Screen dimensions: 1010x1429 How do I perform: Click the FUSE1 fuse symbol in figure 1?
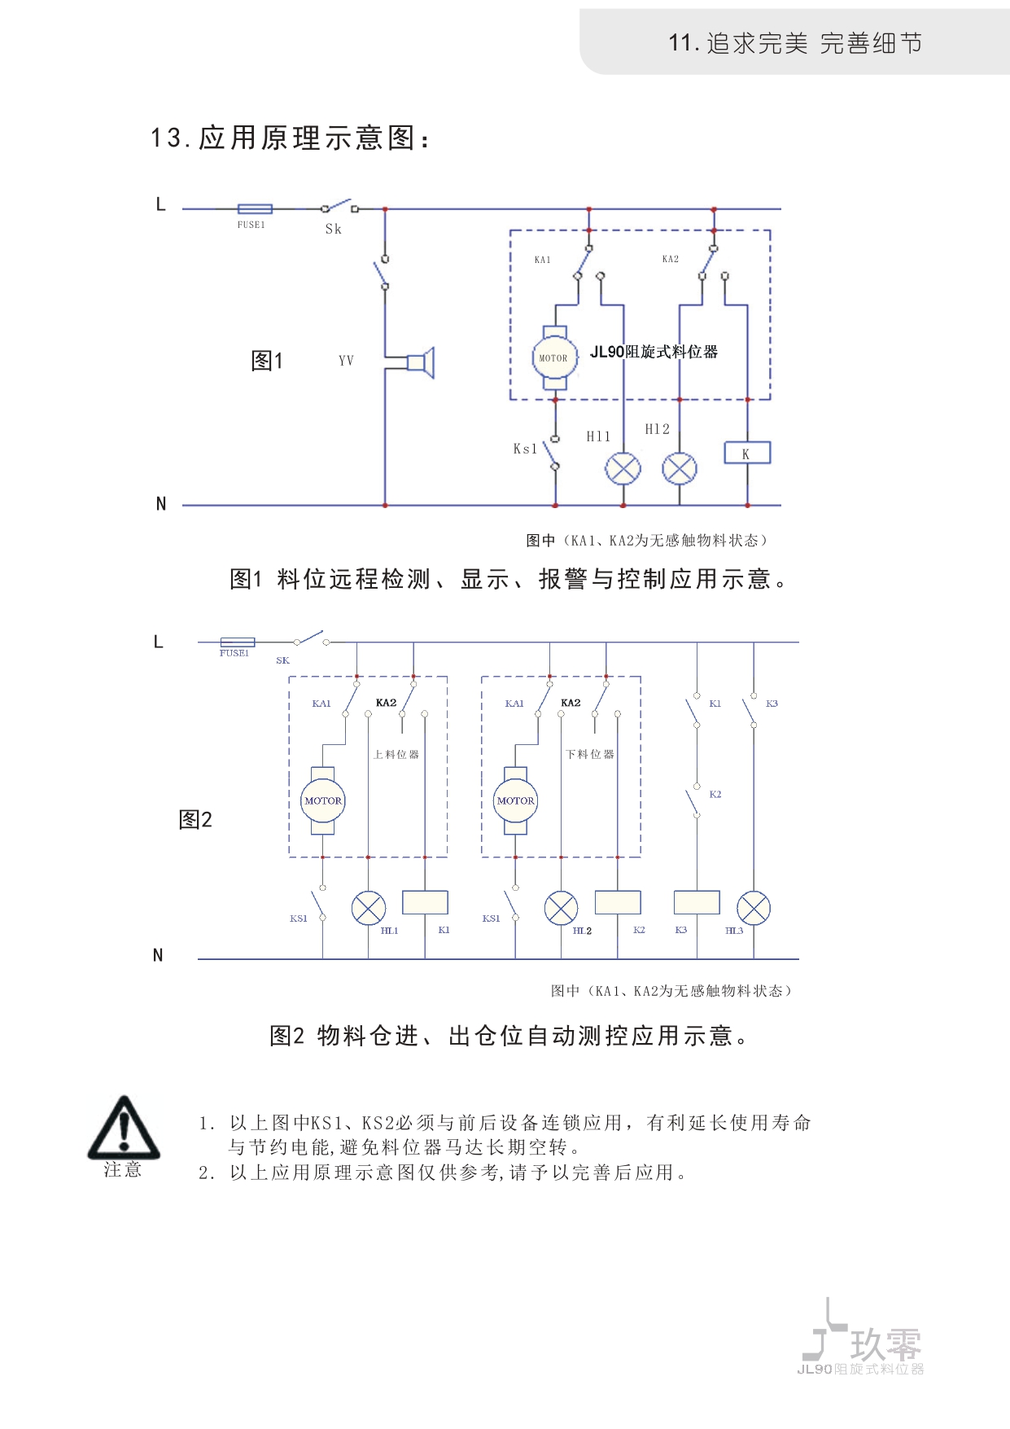coord(255,209)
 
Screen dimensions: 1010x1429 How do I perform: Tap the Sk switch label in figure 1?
coord(334,230)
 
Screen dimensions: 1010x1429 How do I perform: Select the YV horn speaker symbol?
coord(421,362)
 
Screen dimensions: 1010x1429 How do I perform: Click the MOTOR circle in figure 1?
coord(554,358)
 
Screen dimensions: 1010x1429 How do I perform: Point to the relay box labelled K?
coord(747,453)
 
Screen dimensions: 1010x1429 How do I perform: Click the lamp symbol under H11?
coord(623,468)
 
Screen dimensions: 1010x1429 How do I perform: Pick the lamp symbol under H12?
coord(680,468)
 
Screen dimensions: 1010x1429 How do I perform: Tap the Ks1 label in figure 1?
coord(525,449)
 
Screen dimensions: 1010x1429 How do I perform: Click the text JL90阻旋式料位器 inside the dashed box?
coord(654,352)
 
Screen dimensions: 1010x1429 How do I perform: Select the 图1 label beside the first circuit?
coord(267,361)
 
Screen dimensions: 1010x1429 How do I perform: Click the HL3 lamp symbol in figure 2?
coord(754,909)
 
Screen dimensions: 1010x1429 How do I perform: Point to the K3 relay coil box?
coord(697,902)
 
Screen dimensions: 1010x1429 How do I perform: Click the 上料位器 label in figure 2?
coord(396,755)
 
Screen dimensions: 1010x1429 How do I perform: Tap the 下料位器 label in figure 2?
coord(590,755)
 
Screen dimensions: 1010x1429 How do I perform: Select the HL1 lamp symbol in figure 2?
coord(369,908)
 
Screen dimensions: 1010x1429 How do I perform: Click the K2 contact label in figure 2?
coord(715,795)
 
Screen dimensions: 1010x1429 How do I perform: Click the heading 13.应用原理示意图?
coord(291,138)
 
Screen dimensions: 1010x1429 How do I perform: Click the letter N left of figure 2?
coord(158,955)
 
